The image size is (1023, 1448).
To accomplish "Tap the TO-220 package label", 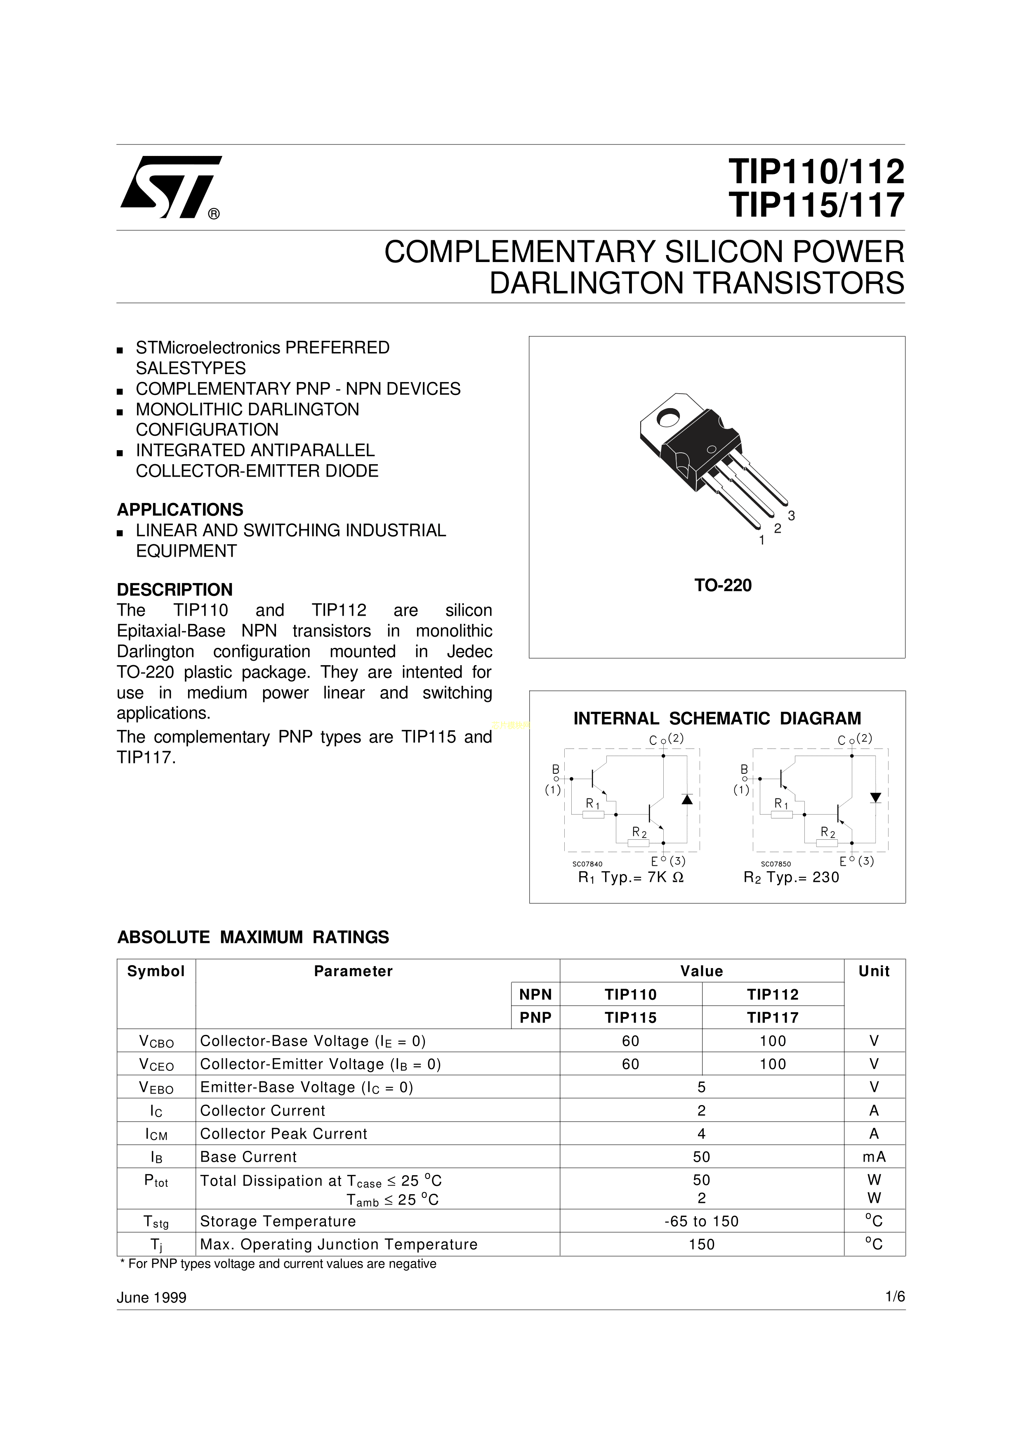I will click(723, 586).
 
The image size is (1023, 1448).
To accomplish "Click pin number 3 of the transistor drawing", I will click(792, 515).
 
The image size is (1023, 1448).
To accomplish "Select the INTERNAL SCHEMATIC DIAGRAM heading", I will click(717, 718).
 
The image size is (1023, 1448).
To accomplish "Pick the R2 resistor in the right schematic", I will click(827, 843).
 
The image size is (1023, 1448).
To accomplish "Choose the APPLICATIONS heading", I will click(180, 510).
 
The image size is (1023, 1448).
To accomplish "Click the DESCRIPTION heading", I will click(174, 590).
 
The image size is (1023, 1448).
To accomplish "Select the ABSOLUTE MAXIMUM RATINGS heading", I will click(253, 937).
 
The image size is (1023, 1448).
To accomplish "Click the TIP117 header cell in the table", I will click(773, 1017).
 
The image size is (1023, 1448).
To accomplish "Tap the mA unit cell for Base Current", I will click(874, 1157).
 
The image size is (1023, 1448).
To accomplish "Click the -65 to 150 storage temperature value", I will click(702, 1221).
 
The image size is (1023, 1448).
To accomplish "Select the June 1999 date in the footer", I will click(152, 1297).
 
